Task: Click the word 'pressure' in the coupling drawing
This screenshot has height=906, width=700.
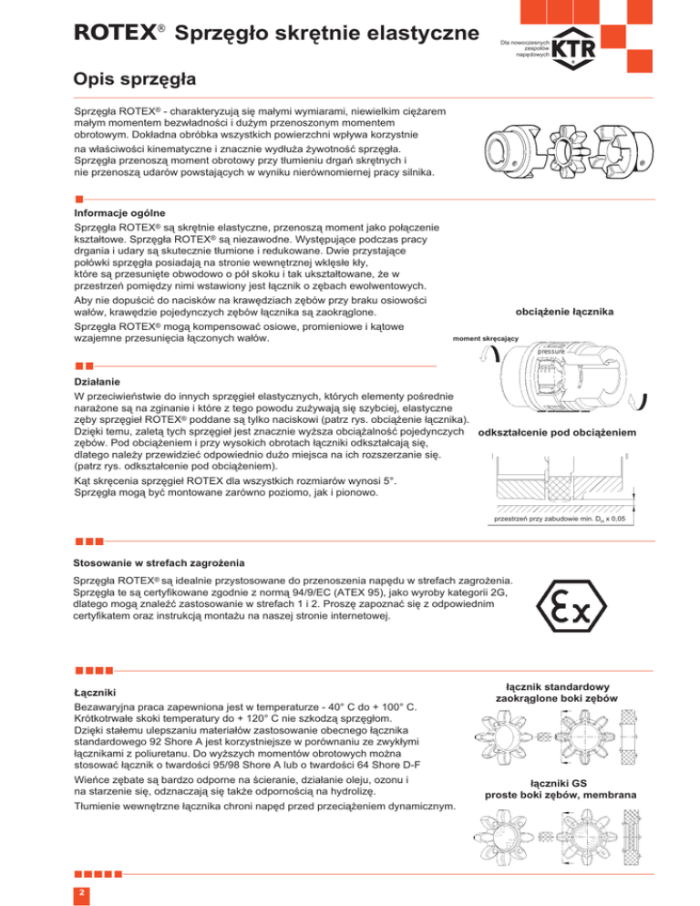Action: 551,351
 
